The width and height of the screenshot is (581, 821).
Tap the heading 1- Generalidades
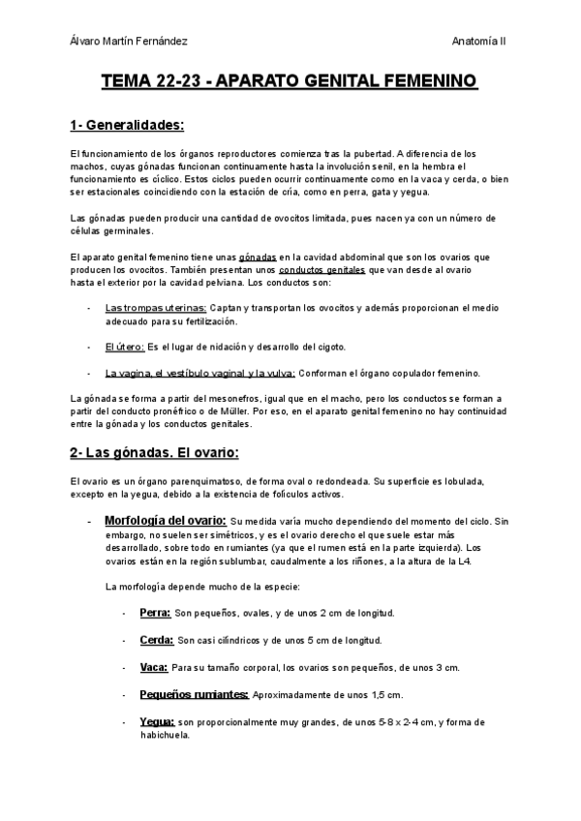point(127,126)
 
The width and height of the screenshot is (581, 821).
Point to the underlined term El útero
point(125,347)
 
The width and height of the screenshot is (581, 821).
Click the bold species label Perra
point(155,613)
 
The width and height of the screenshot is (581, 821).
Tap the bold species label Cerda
point(157,640)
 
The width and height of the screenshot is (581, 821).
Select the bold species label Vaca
point(153,667)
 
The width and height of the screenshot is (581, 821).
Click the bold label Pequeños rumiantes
point(194,694)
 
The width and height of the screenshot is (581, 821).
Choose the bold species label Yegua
point(157,721)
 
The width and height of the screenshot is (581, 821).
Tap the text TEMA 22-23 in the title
point(154,83)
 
